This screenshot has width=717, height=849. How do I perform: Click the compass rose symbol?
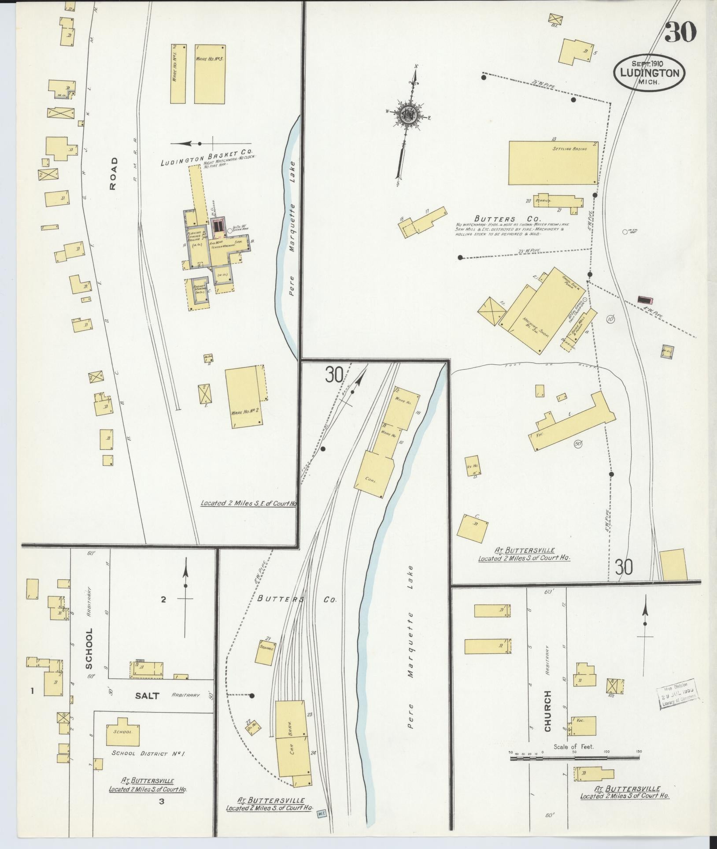(409, 115)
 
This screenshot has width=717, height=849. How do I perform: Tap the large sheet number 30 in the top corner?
(680, 32)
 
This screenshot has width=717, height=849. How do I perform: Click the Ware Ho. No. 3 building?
(210, 74)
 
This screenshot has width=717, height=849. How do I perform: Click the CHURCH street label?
(548, 717)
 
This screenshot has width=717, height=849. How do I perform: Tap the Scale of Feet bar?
(574, 758)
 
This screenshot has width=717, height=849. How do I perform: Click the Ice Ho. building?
(473, 466)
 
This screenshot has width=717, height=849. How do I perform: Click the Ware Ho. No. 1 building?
(178, 74)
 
